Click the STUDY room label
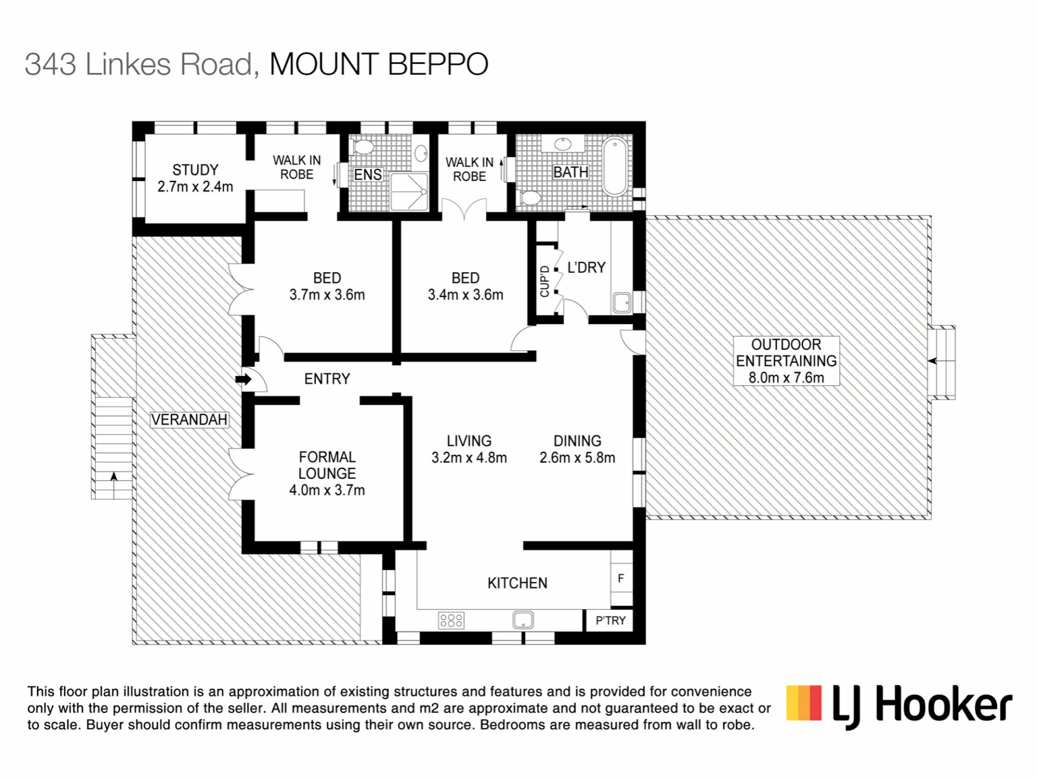(x=195, y=170)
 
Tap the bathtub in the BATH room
(x=616, y=167)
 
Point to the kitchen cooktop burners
(x=451, y=620)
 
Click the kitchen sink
(x=523, y=620)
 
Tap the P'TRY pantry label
(x=610, y=620)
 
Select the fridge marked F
(x=621, y=578)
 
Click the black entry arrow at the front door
(x=244, y=379)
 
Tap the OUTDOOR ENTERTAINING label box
(x=786, y=361)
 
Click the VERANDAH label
(x=189, y=420)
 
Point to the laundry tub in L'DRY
(x=622, y=303)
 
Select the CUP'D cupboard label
(x=544, y=281)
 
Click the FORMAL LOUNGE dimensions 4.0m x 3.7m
(x=327, y=490)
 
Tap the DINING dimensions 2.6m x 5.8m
(x=577, y=458)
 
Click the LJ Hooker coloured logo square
(x=804, y=702)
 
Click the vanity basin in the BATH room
(x=563, y=144)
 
